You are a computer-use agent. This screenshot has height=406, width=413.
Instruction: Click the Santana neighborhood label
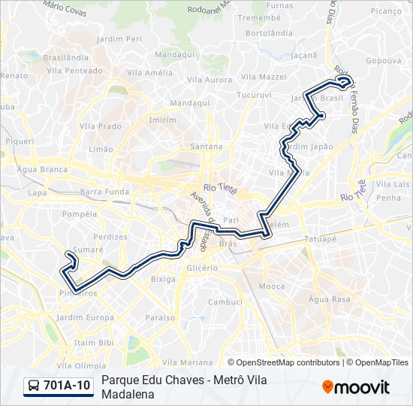(206, 146)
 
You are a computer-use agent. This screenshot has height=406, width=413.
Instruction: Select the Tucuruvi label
(254, 95)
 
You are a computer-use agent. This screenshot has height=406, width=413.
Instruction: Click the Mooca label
(271, 286)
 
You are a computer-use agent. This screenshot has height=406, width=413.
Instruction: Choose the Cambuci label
(225, 301)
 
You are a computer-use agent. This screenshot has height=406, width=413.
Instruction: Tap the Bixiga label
(163, 278)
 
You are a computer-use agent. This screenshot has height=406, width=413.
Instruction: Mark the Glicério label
(202, 268)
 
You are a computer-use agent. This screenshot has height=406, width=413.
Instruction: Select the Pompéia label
(80, 214)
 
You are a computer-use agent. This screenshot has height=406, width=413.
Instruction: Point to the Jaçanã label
(304, 55)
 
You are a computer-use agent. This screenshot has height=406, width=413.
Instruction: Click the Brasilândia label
(66, 57)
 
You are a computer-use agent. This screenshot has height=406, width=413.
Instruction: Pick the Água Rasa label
(330, 298)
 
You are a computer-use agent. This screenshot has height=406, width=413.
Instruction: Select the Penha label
(389, 198)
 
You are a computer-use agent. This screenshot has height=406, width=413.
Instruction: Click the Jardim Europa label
(84, 317)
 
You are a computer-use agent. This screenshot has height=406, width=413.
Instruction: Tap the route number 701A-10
(67, 386)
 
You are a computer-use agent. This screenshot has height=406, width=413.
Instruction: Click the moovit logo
(356, 387)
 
